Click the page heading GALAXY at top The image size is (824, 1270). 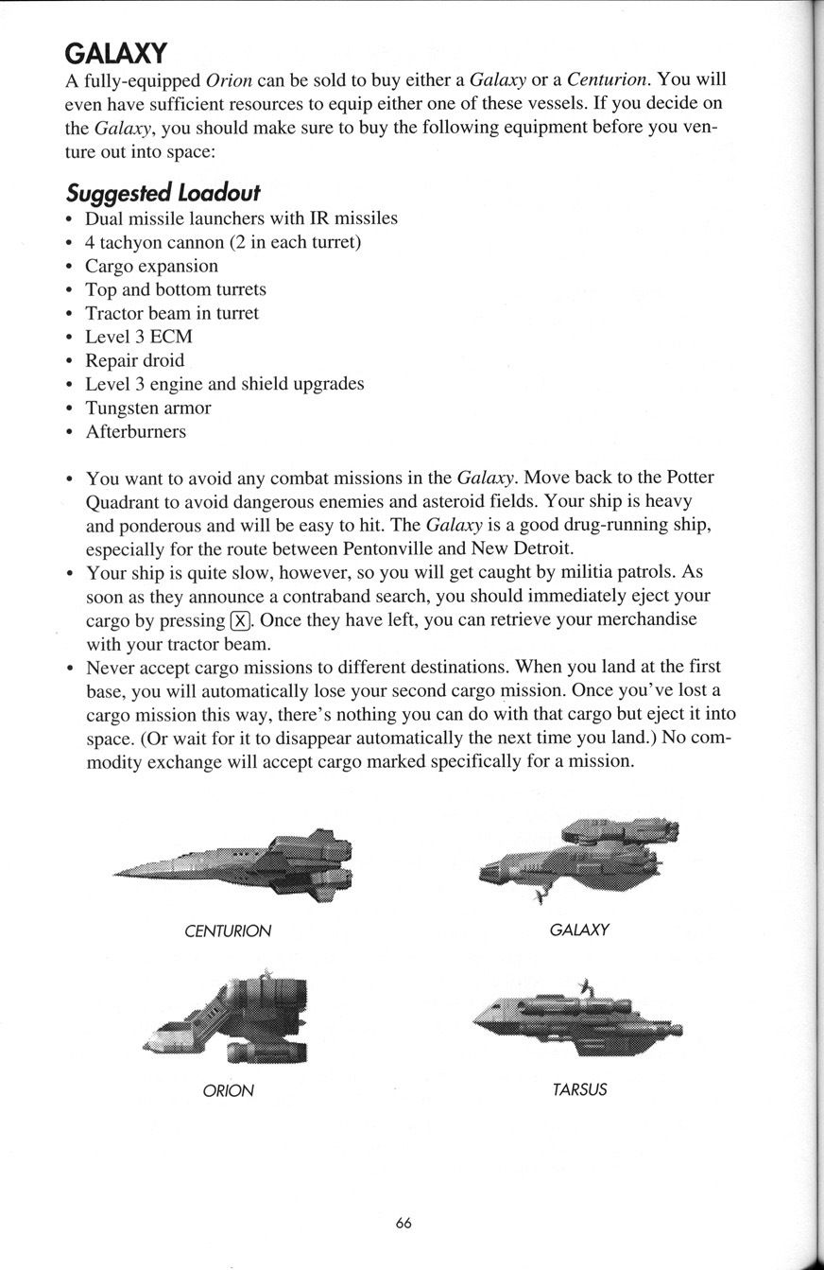[116, 53]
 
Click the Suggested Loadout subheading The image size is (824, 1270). [163, 192]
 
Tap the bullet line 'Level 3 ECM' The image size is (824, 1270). [139, 337]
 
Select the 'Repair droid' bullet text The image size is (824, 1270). [134, 360]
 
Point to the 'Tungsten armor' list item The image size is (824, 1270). [147, 408]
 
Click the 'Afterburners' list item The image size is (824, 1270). [135, 431]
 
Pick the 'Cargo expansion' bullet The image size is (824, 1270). [151, 266]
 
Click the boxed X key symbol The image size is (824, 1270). [240, 620]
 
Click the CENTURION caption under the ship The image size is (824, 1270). [228, 931]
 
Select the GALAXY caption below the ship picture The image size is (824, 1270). [579, 930]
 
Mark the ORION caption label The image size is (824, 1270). [228, 1090]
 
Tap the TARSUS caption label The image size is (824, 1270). [579, 1089]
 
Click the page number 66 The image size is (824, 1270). [403, 1223]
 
